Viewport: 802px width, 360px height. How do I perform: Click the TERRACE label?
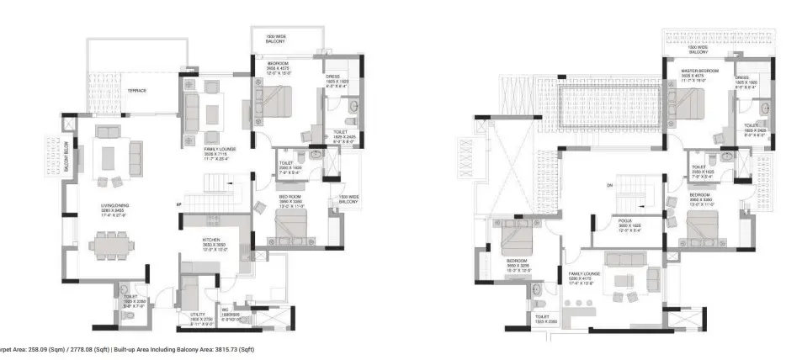coord(137,90)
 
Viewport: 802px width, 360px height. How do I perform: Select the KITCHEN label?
coord(210,240)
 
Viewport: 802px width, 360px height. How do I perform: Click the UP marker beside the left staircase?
coord(178,204)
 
